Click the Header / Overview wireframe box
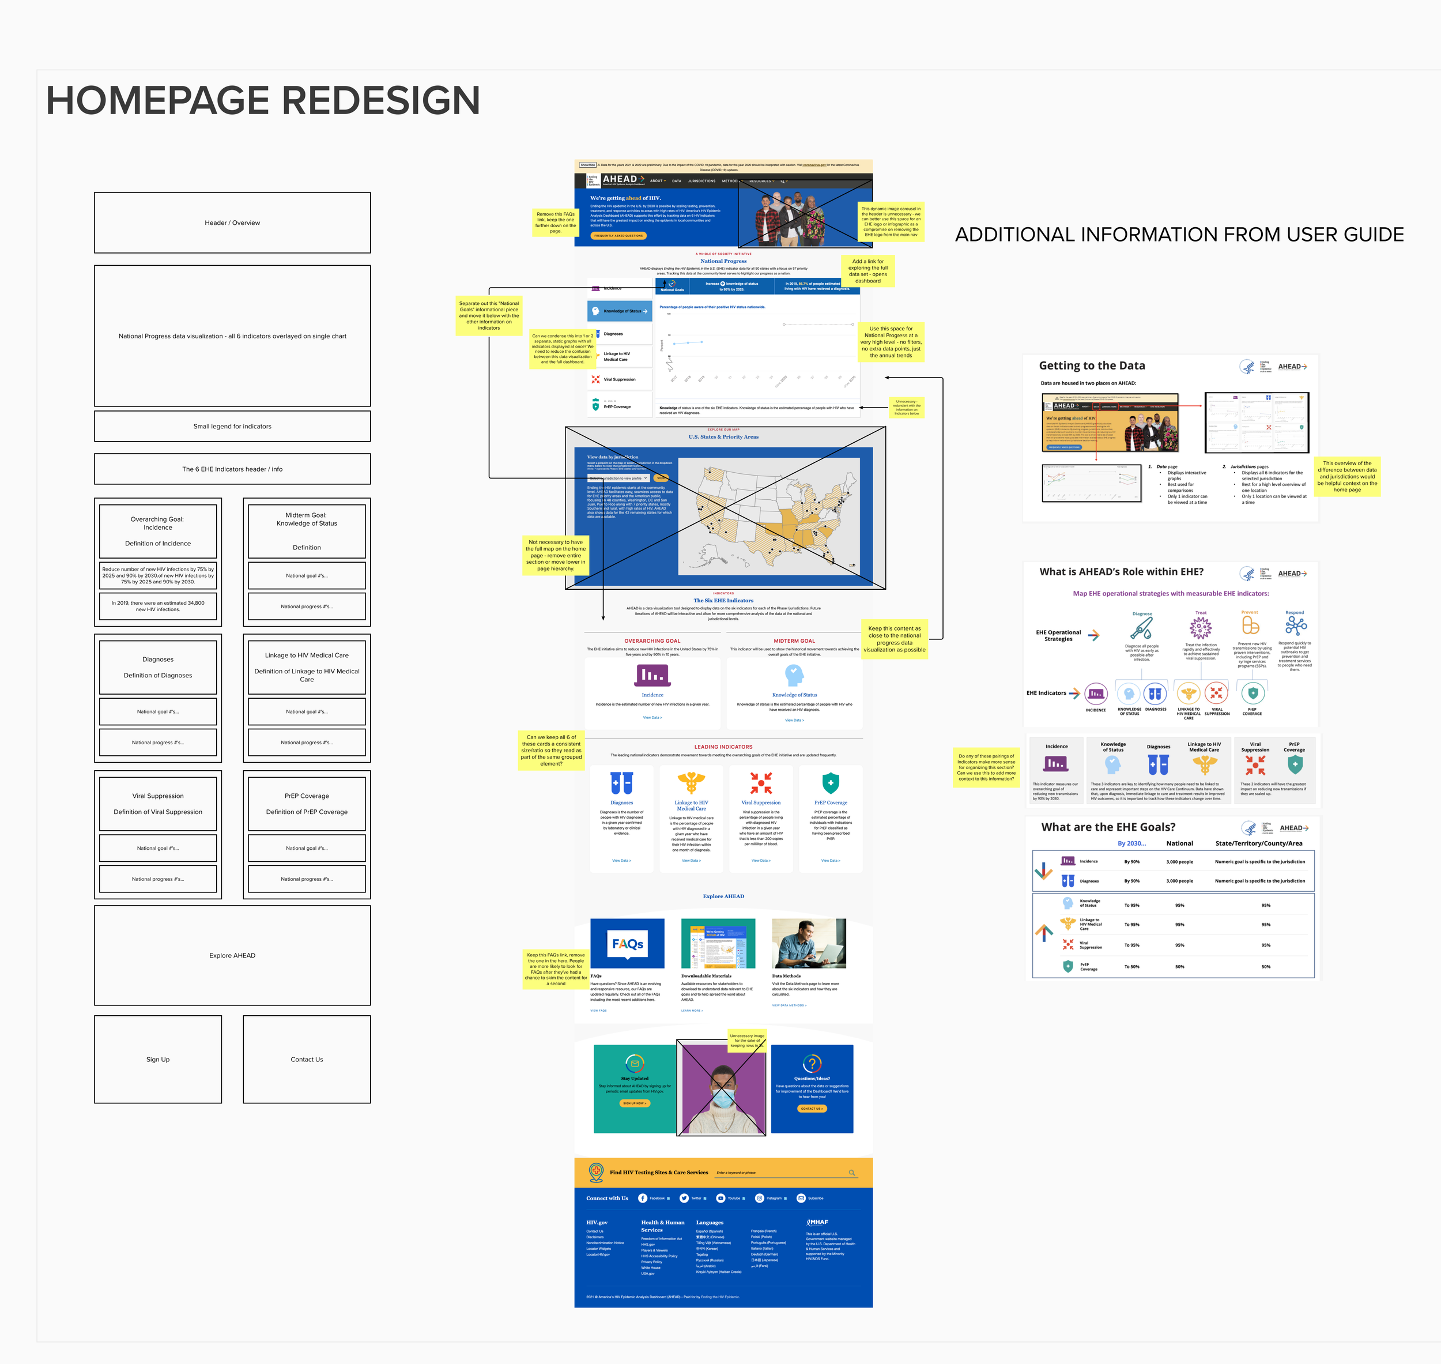coord(232,223)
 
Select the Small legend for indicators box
coord(232,426)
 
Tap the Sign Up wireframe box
coord(158,1060)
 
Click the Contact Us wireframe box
coord(307,1060)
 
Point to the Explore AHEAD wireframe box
coord(232,955)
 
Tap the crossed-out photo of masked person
coord(721,1087)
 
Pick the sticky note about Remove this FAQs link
coord(556,223)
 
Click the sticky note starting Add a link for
coord(867,271)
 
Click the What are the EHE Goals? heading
coord(1108,827)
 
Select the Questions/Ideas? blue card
coord(812,1088)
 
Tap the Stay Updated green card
coord(634,1088)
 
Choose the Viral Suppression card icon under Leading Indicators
coord(760,783)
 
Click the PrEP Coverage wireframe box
coord(307,804)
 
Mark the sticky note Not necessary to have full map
coord(556,556)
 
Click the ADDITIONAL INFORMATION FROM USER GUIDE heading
coord(1179,235)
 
